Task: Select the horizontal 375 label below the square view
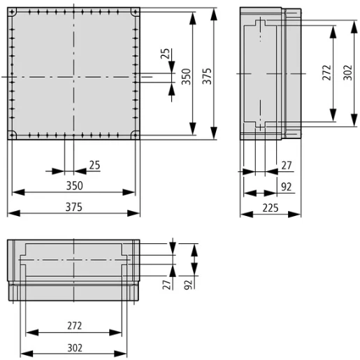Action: tap(73, 207)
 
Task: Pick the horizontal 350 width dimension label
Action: tap(73, 186)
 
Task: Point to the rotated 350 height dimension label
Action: tap(186, 75)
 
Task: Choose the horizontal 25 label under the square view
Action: tap(94, 166)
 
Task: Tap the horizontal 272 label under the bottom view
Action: tap(75, 326)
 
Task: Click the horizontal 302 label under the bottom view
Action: tap(75, 346)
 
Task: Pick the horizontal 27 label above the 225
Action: tap(285, 166)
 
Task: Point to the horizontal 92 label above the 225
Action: tap(285, 187)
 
